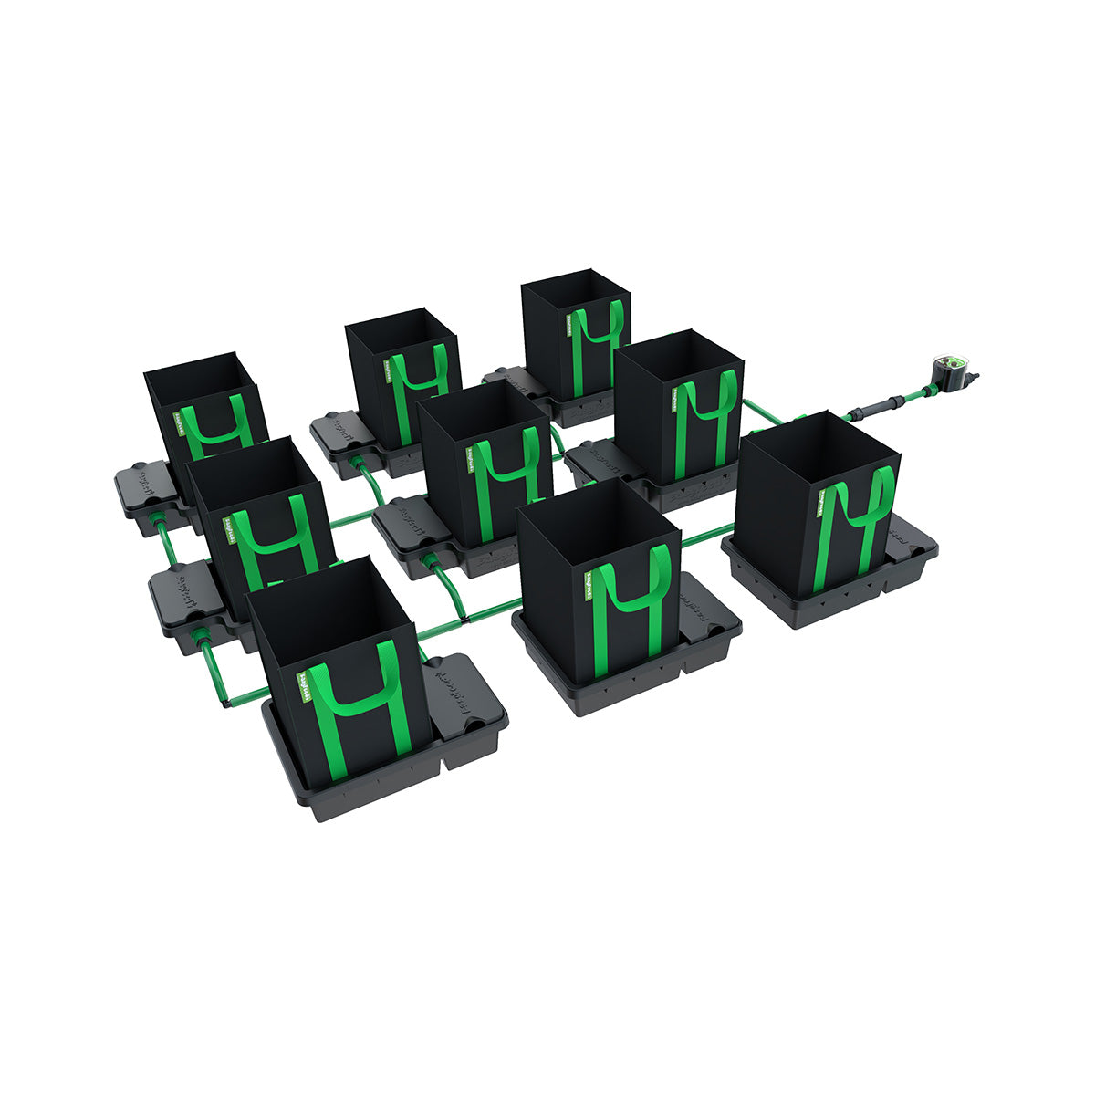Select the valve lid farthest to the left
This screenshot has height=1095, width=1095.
pyautogui.click(x=146, y=484)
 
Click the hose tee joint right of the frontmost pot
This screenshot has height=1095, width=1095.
pyautogui.click(x=466, y=618)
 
